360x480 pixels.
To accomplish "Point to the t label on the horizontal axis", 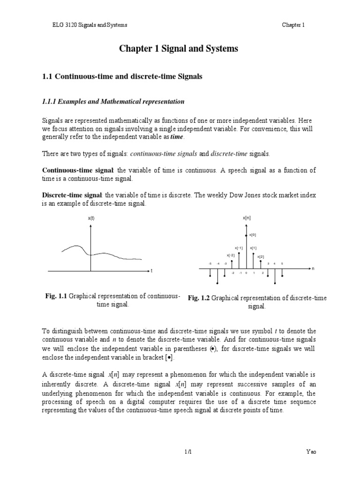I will [151, 271].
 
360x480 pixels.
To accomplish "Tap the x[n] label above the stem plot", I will [247, 218].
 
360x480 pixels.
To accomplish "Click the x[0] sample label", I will [253, 235].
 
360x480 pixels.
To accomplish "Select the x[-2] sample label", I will [231, 255].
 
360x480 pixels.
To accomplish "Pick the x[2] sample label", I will [261, 256].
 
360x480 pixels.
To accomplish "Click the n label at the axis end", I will [313, 269].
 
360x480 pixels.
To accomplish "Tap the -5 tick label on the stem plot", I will [210, 264].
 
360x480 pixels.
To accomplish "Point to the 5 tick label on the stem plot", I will [282, 264].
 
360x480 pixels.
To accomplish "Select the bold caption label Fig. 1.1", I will [56, 296].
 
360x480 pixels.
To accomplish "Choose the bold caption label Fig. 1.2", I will [199, 298].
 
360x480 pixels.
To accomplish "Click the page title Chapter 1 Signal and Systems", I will [180, 49].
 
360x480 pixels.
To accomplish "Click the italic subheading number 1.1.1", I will [52, 101].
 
